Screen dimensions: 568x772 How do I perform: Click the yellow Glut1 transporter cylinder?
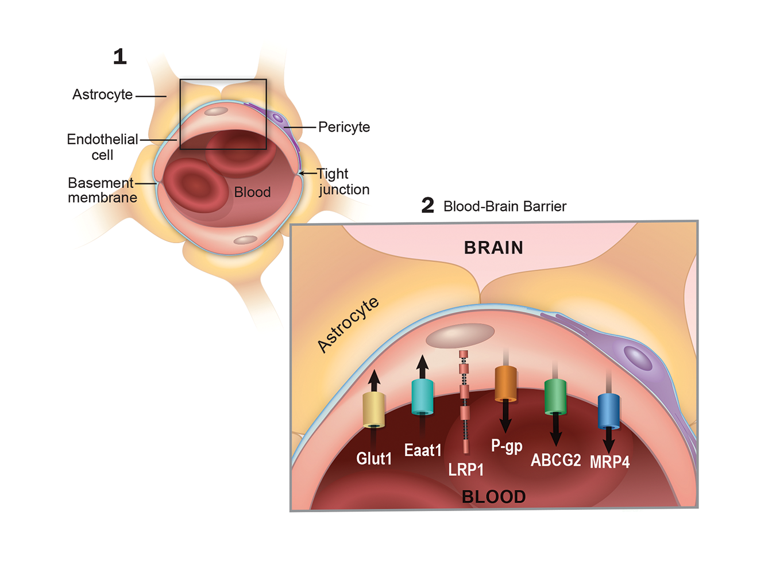(x=373, y=410)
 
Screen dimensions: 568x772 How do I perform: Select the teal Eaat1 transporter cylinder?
(x=422, y=397)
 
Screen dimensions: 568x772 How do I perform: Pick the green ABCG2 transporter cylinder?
(x=555, y=397)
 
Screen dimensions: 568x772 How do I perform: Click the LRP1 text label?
(x=466, y=470)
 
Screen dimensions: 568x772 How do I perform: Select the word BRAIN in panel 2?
(x=493, y=248)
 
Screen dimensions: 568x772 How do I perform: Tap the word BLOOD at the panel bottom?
(x=493, y=497)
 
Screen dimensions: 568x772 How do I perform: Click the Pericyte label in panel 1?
(x=344, y=127)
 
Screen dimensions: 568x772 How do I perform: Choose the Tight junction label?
(x=343, y=182)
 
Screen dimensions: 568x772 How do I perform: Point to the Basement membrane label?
(x=102, y=190)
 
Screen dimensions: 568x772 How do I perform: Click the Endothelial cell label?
(x=102, y=147)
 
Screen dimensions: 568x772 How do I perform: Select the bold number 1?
(x=119, y=56)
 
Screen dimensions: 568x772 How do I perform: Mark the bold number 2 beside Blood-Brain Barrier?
(x=428, y=205)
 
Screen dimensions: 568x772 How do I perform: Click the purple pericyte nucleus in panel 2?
(x=638, y=358)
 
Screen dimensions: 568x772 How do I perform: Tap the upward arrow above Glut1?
(x=374, y=380)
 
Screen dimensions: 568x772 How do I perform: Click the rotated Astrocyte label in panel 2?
(x=348, y=324)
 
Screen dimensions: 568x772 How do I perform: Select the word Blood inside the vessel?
(x=252, y=192)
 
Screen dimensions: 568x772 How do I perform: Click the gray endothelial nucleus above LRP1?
(x=460, y=335)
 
